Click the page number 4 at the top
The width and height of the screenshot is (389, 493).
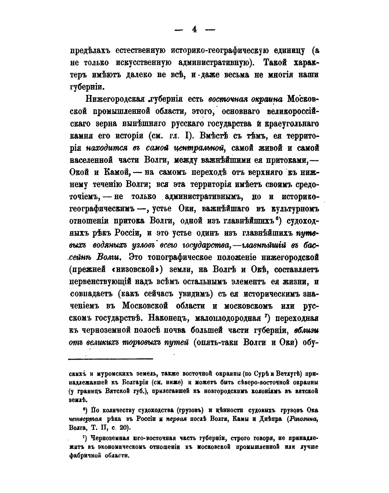[194, 30]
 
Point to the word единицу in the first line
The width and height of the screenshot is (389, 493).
[282, 50]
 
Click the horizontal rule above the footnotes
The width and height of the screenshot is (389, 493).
[111, 358]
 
